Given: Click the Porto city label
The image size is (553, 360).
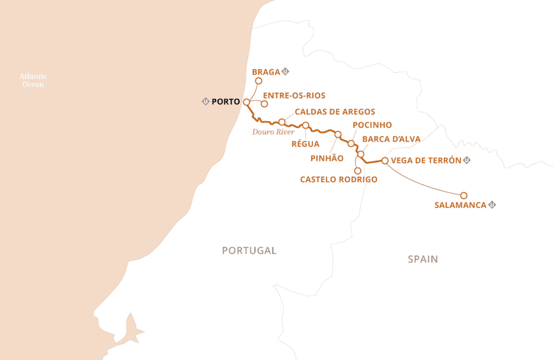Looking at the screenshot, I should pyautogui.click(x=226, y=101).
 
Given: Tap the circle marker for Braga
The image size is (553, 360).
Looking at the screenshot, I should pyautogui.click(x=259, y=81).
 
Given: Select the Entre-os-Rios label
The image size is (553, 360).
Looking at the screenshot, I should pyautogui.click(x=294, y=95).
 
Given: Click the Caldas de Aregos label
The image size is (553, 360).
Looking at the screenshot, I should pyautogui.click(x=334, y=112).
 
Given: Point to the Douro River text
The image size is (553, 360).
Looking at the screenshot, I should pyautogui.click(x=273, y=131).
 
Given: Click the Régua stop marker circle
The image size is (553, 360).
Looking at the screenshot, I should pyautogui.click(x=305, y=125).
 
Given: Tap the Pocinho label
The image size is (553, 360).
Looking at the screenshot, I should pyautogui.click(x=372, y=125).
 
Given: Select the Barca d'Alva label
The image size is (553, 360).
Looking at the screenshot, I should pyautogui.click(x=391, y=139).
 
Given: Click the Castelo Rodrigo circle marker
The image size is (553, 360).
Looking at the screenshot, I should pyautogui.click(x=358, y=171).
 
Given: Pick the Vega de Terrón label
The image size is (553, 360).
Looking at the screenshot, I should pyautogui.click(x=426, y=160).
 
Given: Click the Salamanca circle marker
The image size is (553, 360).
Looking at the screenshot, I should pyautogui.click(x=464, y=195).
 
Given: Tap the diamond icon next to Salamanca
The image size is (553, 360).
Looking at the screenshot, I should pyautogui.click(x=492, y=205).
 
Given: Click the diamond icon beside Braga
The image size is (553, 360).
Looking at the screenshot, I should pyautogui.click(x=286, y=72).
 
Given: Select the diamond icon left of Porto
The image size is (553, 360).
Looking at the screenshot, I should pyautogui.click(x=205, y=101).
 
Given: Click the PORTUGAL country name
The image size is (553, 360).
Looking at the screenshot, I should pyautogui.click(x=249, y=251).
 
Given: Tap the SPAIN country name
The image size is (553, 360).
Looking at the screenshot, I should pyautogui.click(x=423, y=259).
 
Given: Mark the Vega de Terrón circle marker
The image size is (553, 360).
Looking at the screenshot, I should pyautogui.click(x=385, y=161).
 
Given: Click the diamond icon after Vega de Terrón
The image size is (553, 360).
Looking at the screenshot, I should pyautogui.click(x=467, y=160).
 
